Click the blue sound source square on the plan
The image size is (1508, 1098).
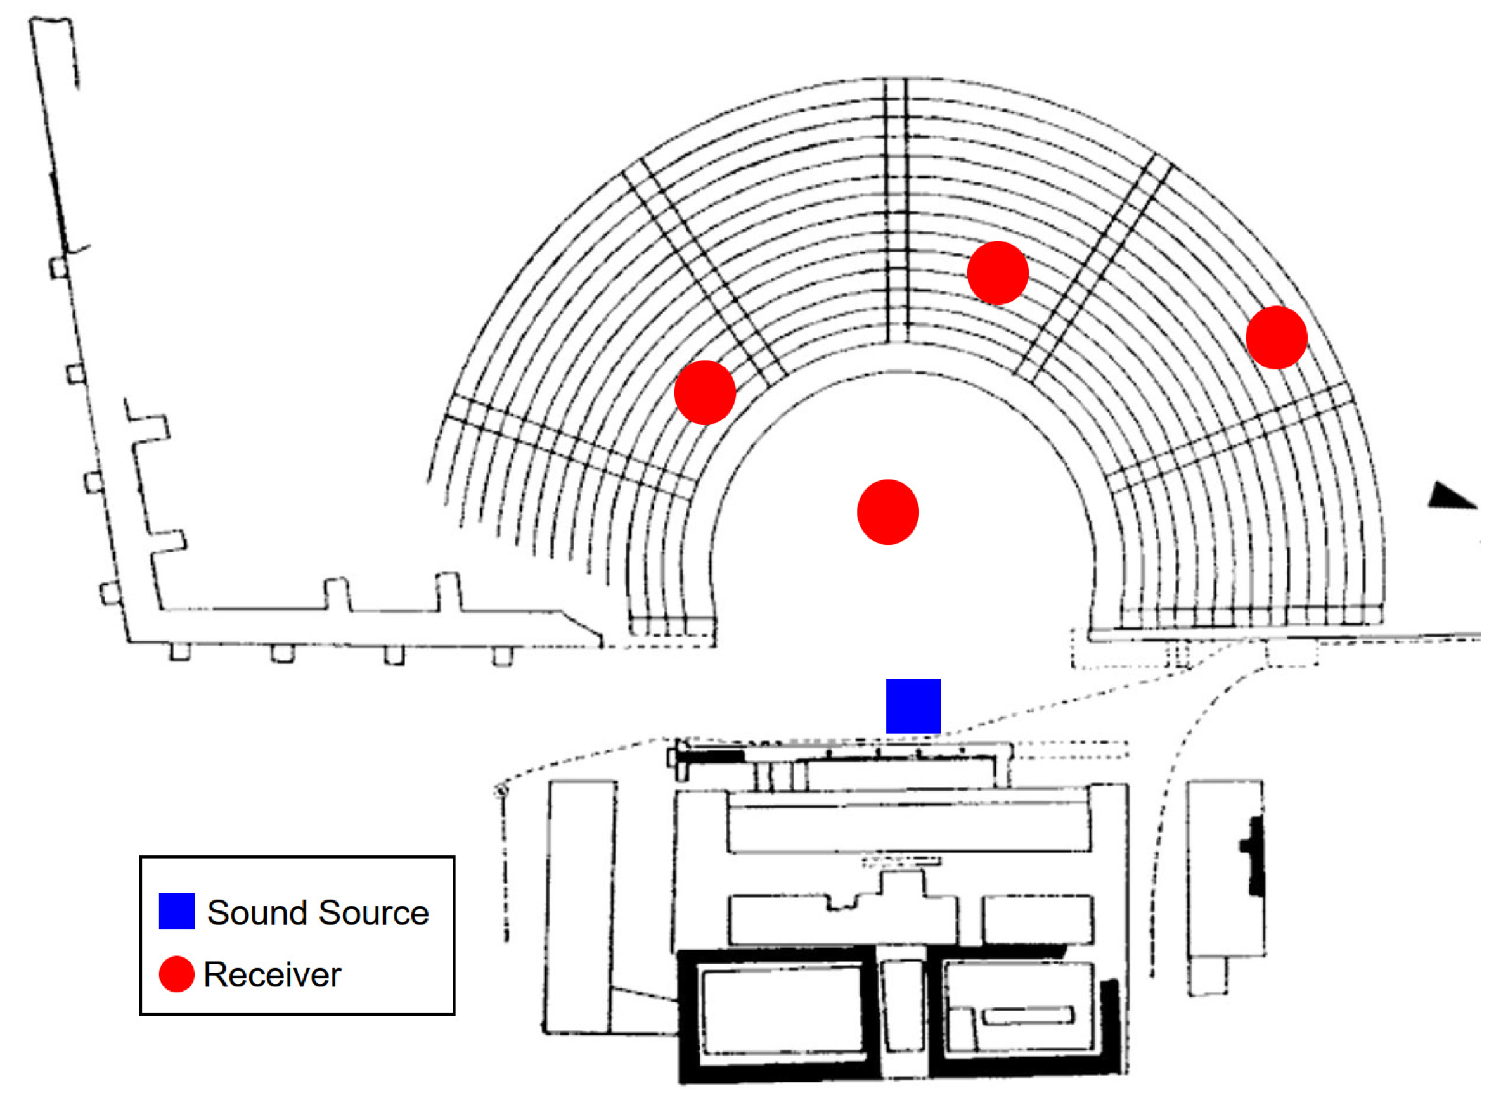(x=913, y=706)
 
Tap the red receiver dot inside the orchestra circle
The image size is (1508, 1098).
(x=887, y=512)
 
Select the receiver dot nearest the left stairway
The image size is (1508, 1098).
(x=705, y=392)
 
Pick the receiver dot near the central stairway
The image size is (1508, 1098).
(x=997, y=272)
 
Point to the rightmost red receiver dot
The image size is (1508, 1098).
(x=1276, y=337)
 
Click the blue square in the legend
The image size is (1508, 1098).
(x=176, y=910)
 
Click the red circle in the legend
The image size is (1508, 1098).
(x=176, y=974)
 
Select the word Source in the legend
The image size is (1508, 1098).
(x=373, y=912)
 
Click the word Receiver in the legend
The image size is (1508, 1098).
(x=272, y=975)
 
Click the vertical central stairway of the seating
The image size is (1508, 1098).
(x=896, y=213)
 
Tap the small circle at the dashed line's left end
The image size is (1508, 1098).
(x=502, y=790)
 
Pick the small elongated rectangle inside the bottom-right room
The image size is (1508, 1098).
(x=1028, y=1016)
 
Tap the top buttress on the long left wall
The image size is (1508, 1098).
(x=59, y=268)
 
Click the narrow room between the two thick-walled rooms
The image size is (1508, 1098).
(x=901, y=1005)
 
